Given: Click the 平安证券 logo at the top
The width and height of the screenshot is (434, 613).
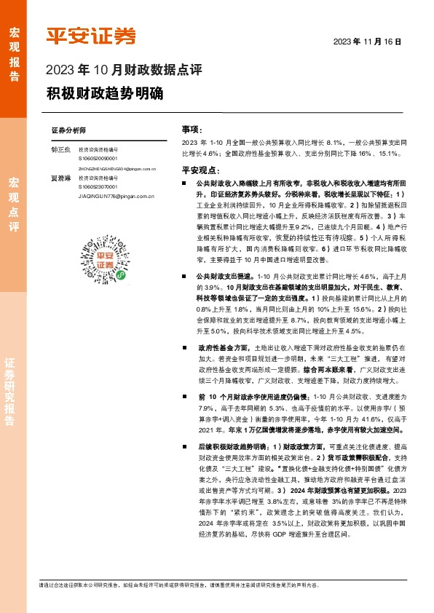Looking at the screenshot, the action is point(91,35).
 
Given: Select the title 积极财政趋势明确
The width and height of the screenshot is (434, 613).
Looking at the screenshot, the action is point(105,94).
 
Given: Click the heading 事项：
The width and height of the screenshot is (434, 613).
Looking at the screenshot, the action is point(191,129).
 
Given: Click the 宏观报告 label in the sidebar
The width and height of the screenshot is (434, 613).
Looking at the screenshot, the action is point(14,50).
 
